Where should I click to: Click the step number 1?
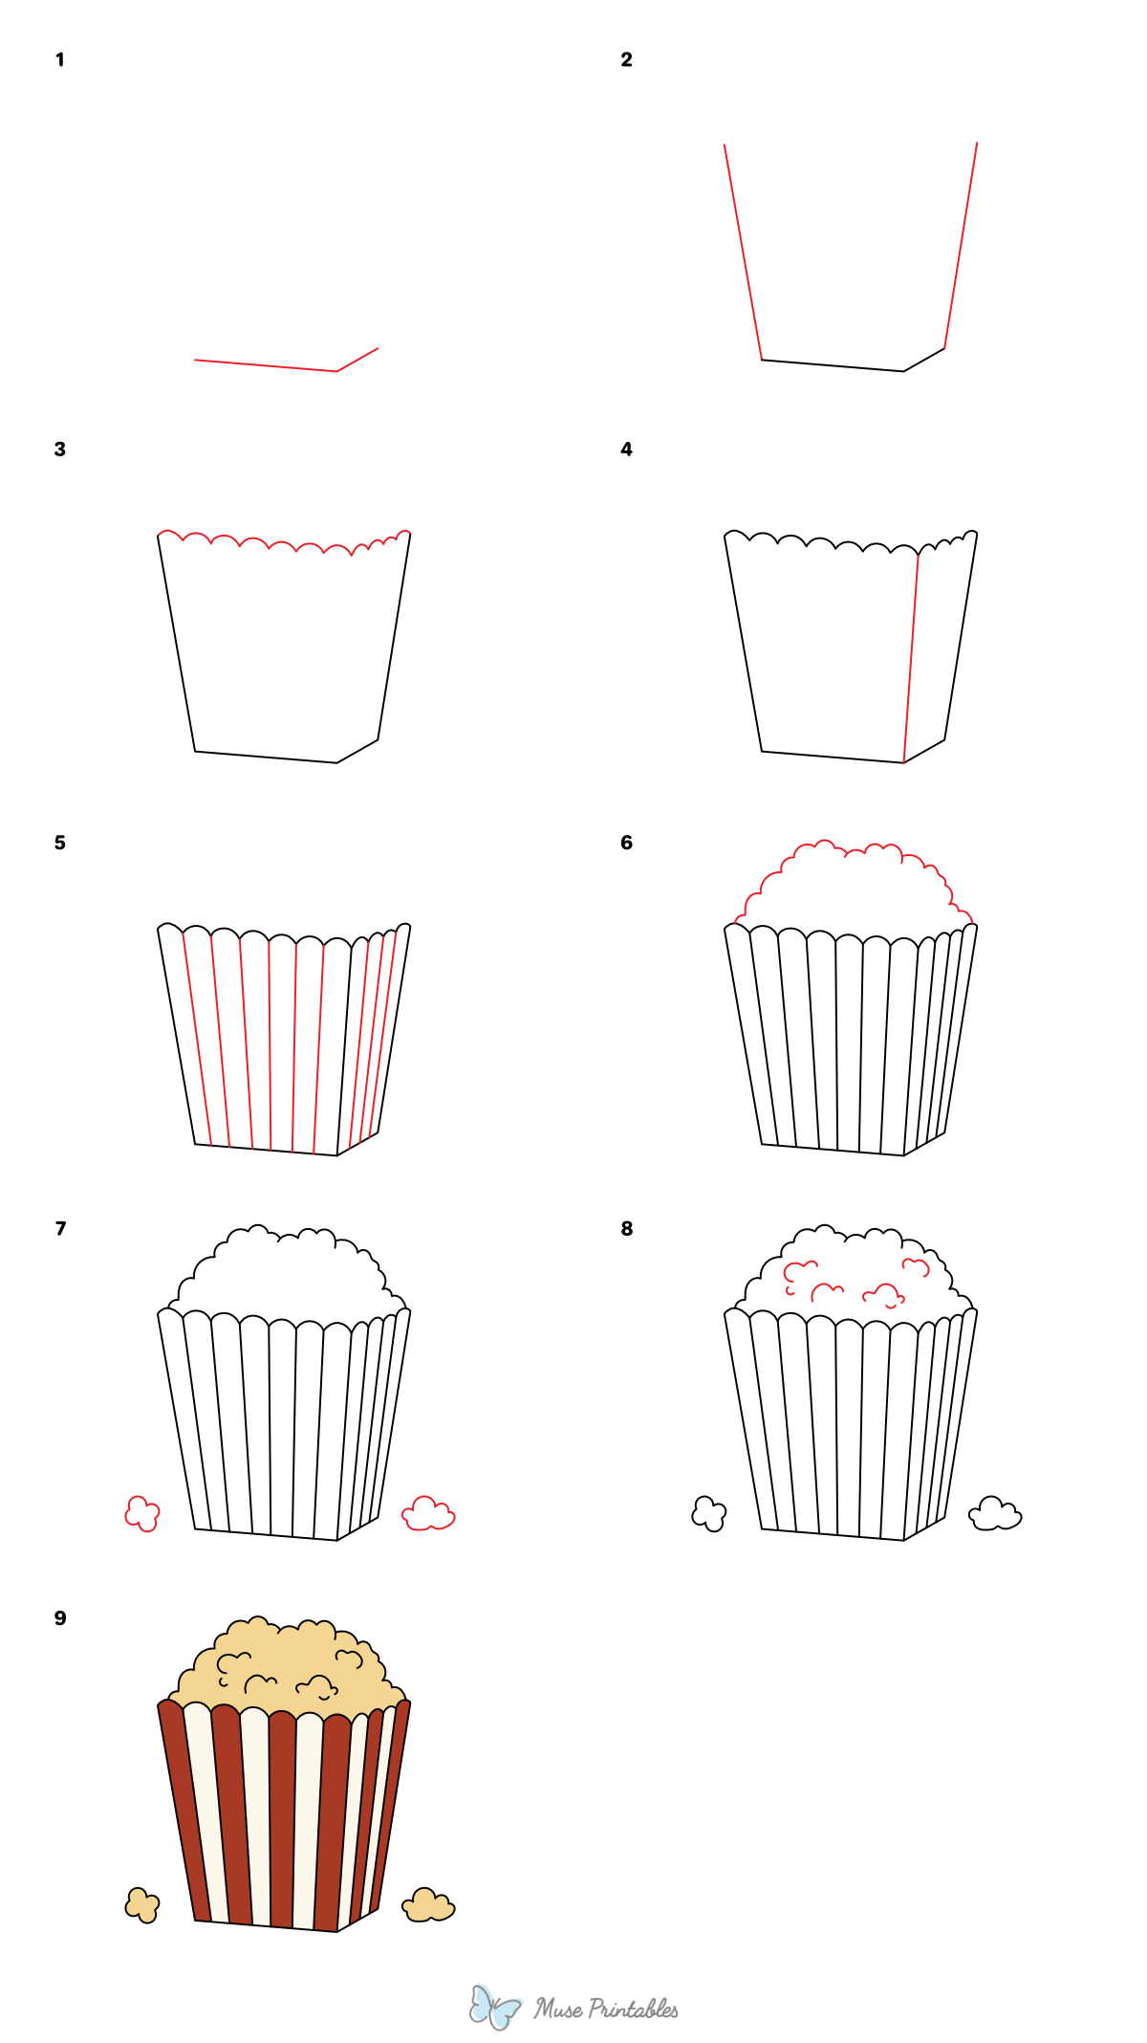(x=59, y=60)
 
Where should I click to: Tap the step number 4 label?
(x=626, y=450)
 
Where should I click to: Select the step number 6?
(x=626, y=843)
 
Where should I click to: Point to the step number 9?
(x=60, y=1618)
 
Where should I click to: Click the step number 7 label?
(x=60, y=1229)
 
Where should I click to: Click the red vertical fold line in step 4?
(x=911, y=660)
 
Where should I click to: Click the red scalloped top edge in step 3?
(x=283, y=544)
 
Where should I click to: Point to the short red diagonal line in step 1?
(x=358, y=359)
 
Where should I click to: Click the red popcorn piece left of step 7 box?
(x=141, y=1514)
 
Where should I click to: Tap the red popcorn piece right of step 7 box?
(x=428, y=1514)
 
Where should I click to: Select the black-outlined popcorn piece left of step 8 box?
(x=708, y=1514)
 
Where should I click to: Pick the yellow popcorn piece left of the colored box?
(x=141, y=1905)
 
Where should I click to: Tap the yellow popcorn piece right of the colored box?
(x=428, y=1905)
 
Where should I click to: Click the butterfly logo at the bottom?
(x=494, y=2007)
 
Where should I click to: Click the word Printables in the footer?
(x=633, y=2010)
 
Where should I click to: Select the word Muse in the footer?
(x=558, y=2009)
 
